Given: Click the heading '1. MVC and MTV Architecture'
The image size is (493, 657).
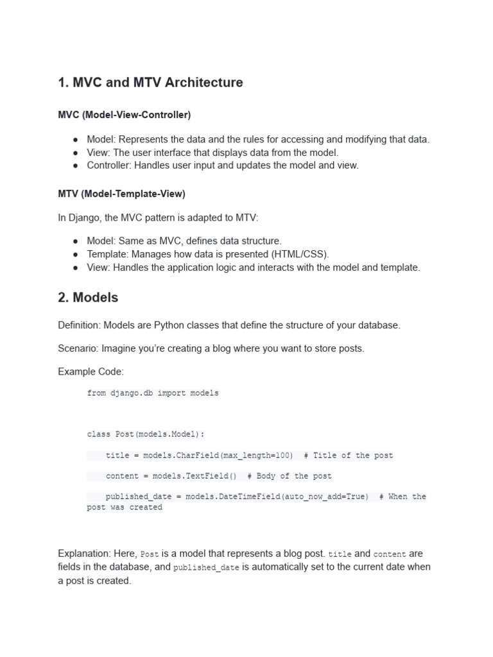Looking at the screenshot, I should (x=150, y=83).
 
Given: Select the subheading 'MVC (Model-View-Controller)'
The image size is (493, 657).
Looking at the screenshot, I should (x=124, y=115).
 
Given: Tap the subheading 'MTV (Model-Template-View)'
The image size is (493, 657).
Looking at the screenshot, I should (x=121, y=193).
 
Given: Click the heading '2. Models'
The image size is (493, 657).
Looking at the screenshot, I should (x=88, y=298).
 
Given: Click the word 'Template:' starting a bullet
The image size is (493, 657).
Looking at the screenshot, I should (x=108, y=254).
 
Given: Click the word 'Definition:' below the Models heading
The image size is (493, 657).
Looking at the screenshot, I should (x=79, y=325).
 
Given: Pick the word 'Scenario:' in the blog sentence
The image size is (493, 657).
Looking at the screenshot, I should (x=79, y=348).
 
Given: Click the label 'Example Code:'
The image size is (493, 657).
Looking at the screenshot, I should (x=91, y=371).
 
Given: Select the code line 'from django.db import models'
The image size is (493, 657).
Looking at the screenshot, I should (x=153, y=393).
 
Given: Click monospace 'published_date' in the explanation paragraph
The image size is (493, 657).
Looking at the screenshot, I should (x=205, y=568).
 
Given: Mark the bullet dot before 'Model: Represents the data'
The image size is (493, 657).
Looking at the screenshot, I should (x=76, y=140).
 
